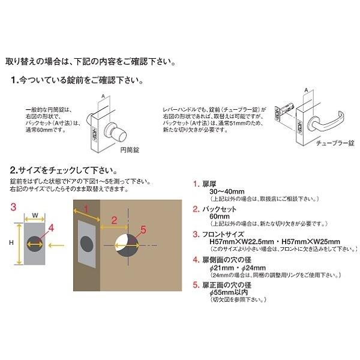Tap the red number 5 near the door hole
click(x=143, y=229)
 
